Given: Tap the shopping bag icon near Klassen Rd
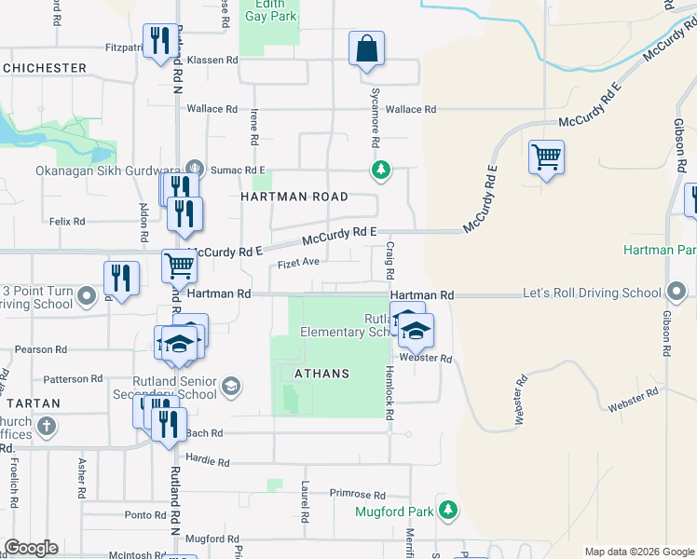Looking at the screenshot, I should pos(367,48).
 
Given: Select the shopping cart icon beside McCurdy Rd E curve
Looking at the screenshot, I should pos(546,157).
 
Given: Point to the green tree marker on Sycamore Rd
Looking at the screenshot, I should pos(380,170).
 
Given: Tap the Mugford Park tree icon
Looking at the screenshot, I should pos(448,511).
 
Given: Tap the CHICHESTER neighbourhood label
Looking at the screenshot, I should pos(44,68).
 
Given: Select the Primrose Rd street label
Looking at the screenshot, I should pos(357,495).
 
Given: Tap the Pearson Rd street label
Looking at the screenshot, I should pos(41,349).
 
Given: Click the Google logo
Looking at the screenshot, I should pos(31,548).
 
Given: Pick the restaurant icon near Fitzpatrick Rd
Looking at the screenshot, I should pos(160,42).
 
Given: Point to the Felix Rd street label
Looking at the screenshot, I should pos(67,222).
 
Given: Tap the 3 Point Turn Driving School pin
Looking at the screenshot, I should pos(87,297).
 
